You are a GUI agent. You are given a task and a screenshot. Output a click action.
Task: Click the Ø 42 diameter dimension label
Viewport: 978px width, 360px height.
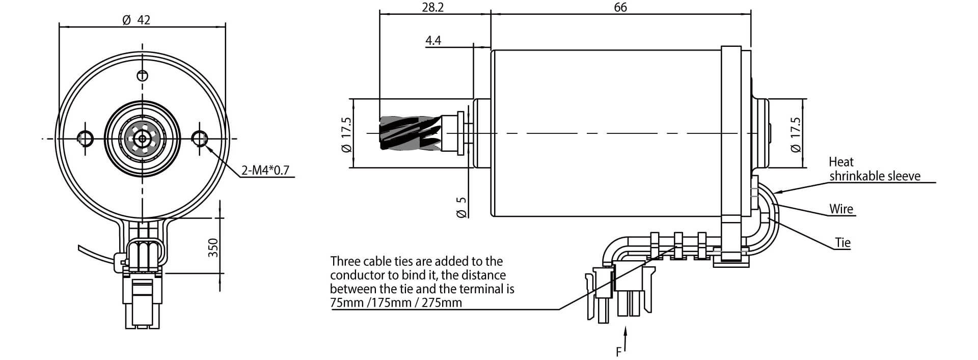(x=137, y=20)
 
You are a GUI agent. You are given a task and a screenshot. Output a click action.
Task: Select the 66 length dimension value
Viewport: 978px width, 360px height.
(x=620, y=7)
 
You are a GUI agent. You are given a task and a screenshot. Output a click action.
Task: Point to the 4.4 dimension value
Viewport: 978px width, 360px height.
(x=433, y=40)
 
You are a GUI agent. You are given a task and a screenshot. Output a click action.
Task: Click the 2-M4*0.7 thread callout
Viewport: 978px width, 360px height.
(x=265, y=170)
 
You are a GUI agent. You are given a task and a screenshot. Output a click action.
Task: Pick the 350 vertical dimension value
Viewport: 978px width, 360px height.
(x=213, y=247)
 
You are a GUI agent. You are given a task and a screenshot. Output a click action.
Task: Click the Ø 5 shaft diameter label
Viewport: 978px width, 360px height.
(x=461, y=207)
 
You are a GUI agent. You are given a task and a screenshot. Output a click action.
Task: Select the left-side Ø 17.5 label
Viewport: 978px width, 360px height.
(x=346, y=134)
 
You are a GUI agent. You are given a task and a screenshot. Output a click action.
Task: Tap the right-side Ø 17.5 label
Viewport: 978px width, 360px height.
(x=795, y=134)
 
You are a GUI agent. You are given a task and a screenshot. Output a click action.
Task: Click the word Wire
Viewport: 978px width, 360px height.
(x=841, y=209)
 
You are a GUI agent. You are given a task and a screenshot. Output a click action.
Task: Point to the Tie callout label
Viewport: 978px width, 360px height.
(x=843, y=242)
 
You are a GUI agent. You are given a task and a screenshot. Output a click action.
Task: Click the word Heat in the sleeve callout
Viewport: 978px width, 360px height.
(x=841, y=162)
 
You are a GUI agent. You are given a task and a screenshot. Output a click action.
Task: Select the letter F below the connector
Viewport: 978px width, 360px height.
(x=619, y=352)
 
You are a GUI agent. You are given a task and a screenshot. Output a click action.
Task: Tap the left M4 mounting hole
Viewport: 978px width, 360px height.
(x=85, y=137)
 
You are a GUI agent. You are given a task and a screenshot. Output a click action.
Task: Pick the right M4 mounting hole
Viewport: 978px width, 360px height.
(x=200, y=137)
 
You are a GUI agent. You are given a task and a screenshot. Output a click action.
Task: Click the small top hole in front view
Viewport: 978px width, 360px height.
(x=143, y=76)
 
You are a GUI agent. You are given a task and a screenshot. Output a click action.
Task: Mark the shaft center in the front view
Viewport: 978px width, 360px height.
(x=142, y=137)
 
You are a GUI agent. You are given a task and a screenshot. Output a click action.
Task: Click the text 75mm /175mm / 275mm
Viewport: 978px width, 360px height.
(x=396, y=303)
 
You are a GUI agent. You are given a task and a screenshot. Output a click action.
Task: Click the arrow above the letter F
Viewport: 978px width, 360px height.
(x=626, y=339)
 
